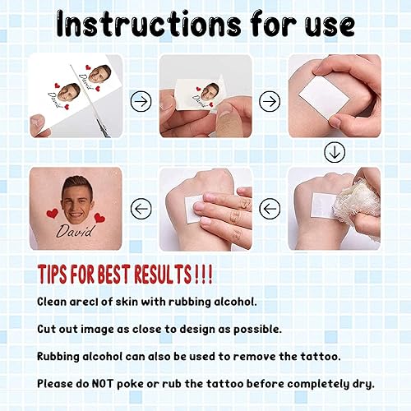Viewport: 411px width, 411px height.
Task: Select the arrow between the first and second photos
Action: (141, 101)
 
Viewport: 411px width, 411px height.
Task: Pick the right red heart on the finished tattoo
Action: (99, 218)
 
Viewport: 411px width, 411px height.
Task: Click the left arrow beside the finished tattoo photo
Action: (141, 209)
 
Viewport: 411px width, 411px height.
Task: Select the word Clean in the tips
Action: (53, 302)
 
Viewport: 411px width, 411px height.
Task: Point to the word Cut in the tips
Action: (48, 329)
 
